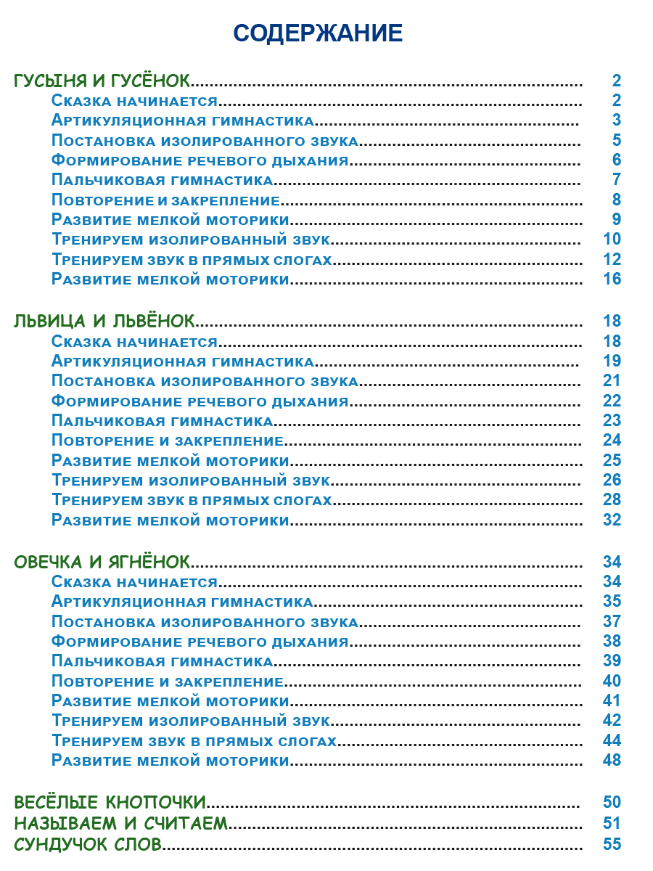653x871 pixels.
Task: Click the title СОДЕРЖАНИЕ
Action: click(318, 33)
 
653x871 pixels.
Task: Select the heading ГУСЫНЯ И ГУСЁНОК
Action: click(102, 81)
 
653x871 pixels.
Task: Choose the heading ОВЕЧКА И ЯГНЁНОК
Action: click(102, 562)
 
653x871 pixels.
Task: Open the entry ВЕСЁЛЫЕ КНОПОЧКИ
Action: click(110, 802)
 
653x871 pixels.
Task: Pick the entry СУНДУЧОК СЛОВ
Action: click(88, 843)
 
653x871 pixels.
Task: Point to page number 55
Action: click(612, 843)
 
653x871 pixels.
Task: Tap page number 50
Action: click(612, 802)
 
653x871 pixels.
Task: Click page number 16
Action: click(612, 279)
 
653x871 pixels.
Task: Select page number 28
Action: click(612, 500)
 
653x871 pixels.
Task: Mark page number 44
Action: click(612, 741)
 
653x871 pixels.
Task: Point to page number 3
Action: click(616, 120)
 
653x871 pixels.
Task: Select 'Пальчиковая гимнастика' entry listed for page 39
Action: click(163, 661)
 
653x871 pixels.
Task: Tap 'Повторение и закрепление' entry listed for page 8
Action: click(166, 200)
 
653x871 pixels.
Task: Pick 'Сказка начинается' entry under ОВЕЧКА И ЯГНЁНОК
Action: click(135, 582)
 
